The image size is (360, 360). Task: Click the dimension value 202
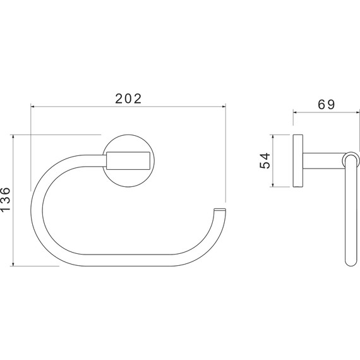[x=128, y=99]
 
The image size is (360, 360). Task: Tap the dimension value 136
[x=5, y=200]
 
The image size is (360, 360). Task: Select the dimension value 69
[x=327, y=104]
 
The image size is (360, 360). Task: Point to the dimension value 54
[x=265, y=160]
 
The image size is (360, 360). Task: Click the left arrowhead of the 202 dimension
[x=33, y=107]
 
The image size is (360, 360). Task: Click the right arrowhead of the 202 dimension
[x=224, y=107]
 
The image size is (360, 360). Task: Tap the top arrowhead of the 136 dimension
[x=13, y=136]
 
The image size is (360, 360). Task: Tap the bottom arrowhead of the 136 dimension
[x=13, y=264]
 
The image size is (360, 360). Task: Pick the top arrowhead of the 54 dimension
[x=273, y=136]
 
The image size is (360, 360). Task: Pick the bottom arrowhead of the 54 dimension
[x=273, y=185]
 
